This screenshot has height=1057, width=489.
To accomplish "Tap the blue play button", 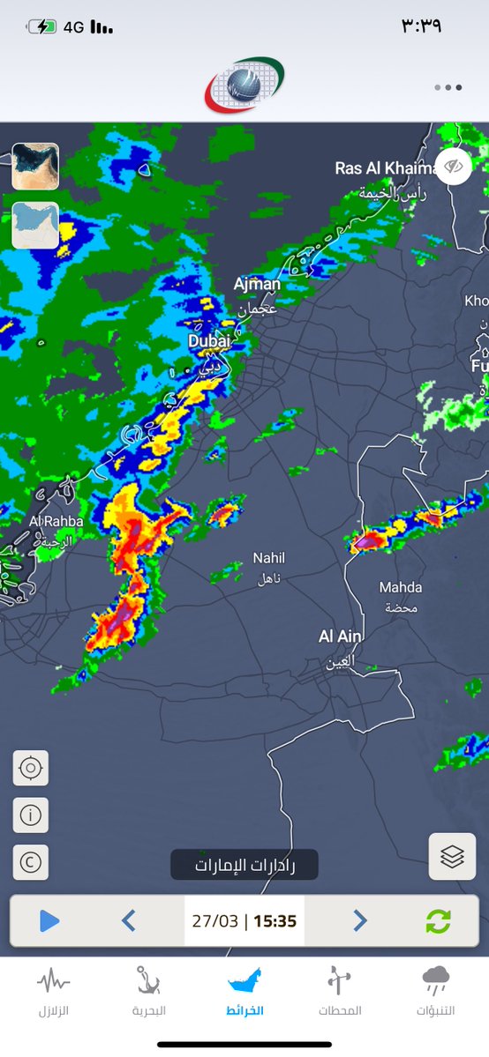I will pyautogui.click(x=49, y=921).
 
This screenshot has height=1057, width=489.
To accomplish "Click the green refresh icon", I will pyautogui.click(x=438, y=921).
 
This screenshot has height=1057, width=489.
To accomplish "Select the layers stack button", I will pyautogui.click(x=452, y=856).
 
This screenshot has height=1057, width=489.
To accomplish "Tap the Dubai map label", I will pyautogui.click(x=209, y=340).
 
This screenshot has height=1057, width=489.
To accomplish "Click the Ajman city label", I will pyautogui.click(x=257, y=285).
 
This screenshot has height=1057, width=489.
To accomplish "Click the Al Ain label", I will pyautogui.click(x=341, y=636).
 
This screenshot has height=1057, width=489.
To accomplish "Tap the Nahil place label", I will pyautogui.click(x=269, y=558).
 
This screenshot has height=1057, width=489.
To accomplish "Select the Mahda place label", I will pyautogui.click(x=401, y=587).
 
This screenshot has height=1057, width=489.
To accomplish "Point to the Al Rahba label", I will pyautogui.click(x=56, y=522).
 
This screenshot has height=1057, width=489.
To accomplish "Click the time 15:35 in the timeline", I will pyautogui.click(x=275, y=921).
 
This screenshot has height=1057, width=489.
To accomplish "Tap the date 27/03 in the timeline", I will pyautogui.click(x=215, y=921).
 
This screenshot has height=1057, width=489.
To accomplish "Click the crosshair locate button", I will pyautogui.click(x=31, y=768).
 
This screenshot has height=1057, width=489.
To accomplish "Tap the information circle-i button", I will pyautogui.click(x=31, y=815).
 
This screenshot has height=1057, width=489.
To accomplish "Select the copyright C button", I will pyautogui.click(x=31, y=862).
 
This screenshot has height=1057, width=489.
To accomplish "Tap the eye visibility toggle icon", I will pyautogui.click(x=455, y=166).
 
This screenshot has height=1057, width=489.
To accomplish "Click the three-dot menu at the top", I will pyautogui.click(x=448, y=87).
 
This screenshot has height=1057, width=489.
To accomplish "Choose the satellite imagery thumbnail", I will pyautogui.click(x=35, y=167).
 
